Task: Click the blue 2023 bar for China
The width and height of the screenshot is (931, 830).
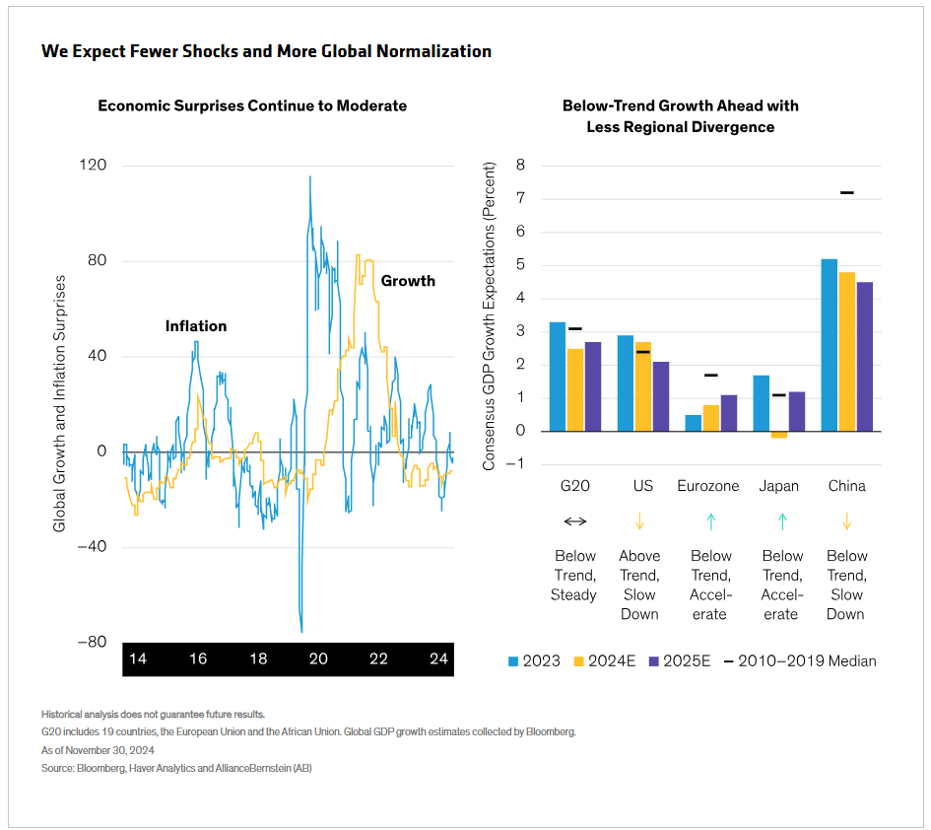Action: pos(830,345)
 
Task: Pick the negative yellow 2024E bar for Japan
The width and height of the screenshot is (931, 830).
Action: pos(778,435)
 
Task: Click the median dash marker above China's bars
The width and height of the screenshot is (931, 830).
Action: pos(847,192)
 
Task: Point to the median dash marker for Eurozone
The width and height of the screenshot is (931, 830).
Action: pos(710,375)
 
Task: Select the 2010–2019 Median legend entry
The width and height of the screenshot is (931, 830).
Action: pos(799,660)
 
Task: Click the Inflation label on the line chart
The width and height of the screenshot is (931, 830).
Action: pos(195,326)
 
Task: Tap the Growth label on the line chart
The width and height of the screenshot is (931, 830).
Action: pos(408,281)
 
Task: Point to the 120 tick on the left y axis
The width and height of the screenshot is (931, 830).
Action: pos(93,166)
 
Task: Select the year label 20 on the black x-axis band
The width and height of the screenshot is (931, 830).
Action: pos(318,658)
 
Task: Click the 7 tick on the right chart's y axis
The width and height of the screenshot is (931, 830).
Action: pos(520,199)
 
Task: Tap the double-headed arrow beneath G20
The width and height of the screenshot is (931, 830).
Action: pos(574,521)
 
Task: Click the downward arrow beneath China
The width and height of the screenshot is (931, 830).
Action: pos(846,521)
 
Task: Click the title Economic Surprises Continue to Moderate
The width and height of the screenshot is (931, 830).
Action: pos(252,105)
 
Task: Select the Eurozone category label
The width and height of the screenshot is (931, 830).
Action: pos(709,486)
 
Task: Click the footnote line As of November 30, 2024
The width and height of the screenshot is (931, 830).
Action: pos(98,749)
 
